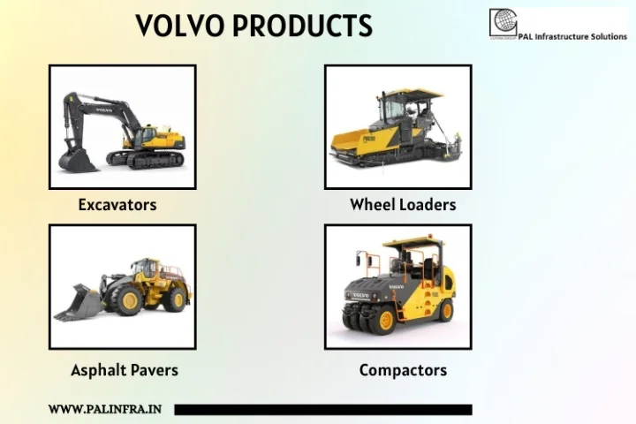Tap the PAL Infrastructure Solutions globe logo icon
pos(502,22)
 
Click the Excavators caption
pos(117,205)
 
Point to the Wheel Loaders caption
pos(403,205)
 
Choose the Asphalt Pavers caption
pos(125,370)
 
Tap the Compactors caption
pos(403,370)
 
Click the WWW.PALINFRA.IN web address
pos(105,410)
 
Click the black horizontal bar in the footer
pos(322,410)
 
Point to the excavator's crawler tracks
pos(145,158)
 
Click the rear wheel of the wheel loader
pos(175,299)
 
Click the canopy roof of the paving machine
pos(412,94)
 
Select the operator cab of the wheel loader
pos(145,269)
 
